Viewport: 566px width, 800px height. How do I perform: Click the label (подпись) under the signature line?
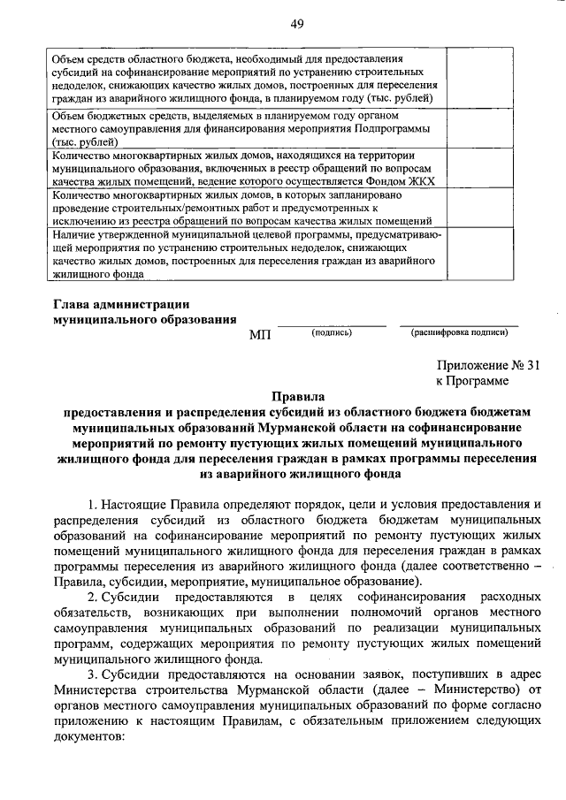332,332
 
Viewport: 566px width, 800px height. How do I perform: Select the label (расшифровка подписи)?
459,332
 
